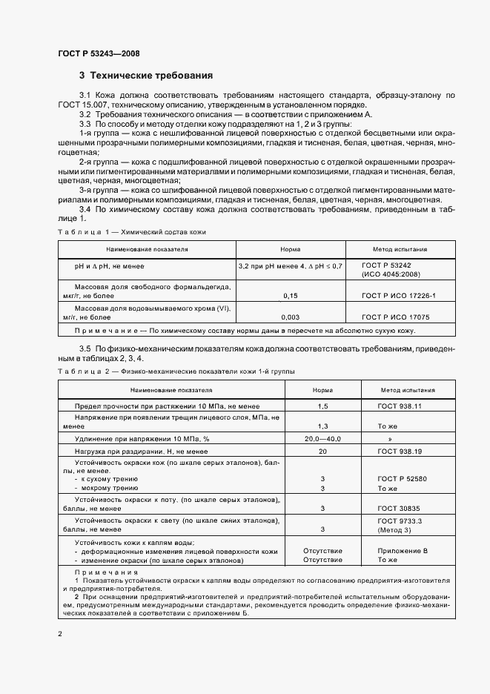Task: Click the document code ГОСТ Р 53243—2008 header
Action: tap(99, 54)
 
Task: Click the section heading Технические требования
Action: tap(146, 76)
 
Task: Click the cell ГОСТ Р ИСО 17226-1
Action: tap(399, 296)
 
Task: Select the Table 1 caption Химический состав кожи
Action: tap(159, 232)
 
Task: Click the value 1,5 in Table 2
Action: tap(322, 407)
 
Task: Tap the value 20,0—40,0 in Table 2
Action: tap(322, 439)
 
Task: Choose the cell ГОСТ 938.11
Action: tap(400, 407)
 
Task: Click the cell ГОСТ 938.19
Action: tap(400, 451)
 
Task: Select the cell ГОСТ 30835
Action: tap(400, 508)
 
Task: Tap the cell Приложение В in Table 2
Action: tap(403, 552)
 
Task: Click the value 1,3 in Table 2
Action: tap(322, 426)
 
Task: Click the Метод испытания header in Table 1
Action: tap(399, 250)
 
